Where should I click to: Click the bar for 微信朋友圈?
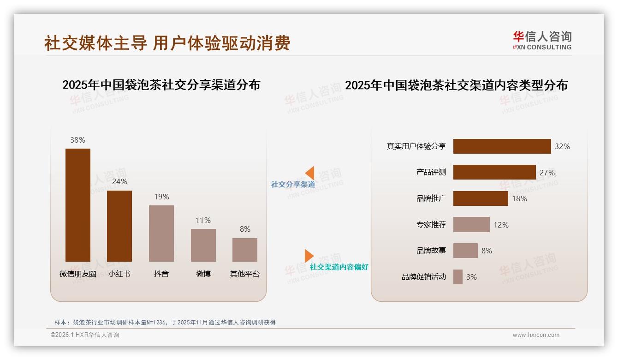pos(78,205)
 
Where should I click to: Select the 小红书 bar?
pos(119,226)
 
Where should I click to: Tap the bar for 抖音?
pos(161,234)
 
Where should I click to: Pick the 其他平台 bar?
pos(245,250)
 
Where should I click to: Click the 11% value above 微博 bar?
pos(203,221)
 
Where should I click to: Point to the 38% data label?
pos(78,140)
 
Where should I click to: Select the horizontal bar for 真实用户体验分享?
pos(502,146)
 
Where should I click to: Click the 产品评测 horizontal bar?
pos(494,172)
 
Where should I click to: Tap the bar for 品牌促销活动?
pos(458,277)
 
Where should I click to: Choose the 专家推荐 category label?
pos(431,225)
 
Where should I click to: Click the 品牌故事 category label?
pos(431,251)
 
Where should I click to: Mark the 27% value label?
pos(547,173)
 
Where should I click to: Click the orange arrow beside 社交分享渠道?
pos(309,173)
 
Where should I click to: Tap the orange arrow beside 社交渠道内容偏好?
pos(309,256)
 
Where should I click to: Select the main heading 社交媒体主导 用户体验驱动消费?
pos(167,43)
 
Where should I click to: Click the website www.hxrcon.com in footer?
pos(536,335)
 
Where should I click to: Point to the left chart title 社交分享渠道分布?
pos(161,85)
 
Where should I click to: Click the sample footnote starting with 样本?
pos(165,322)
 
